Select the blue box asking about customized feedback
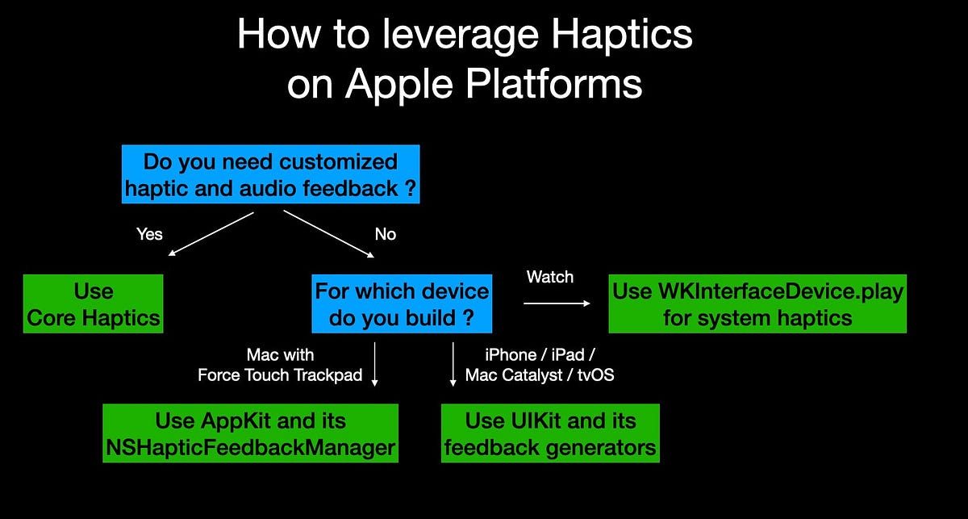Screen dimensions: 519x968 coord(270,174)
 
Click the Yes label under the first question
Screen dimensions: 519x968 coord(149,234)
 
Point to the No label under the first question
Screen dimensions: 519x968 coord(386,234)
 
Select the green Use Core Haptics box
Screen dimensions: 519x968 coord(93,303)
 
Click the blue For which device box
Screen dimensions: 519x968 coord(402,303)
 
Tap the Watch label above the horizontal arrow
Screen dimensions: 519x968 coord(550,277)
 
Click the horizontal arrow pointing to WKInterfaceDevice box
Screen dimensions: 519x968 coord(557,303)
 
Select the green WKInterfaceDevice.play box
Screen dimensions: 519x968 coord(757,303)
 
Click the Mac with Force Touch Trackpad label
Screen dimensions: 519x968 coord(280,365)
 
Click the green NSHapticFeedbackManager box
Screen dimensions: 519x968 coord(250,433)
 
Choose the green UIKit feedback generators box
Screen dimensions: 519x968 coord(550,433)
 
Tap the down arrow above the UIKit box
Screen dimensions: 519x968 coord(453,365)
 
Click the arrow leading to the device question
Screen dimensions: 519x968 coord(328,235)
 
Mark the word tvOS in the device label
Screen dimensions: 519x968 coord(596,375)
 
